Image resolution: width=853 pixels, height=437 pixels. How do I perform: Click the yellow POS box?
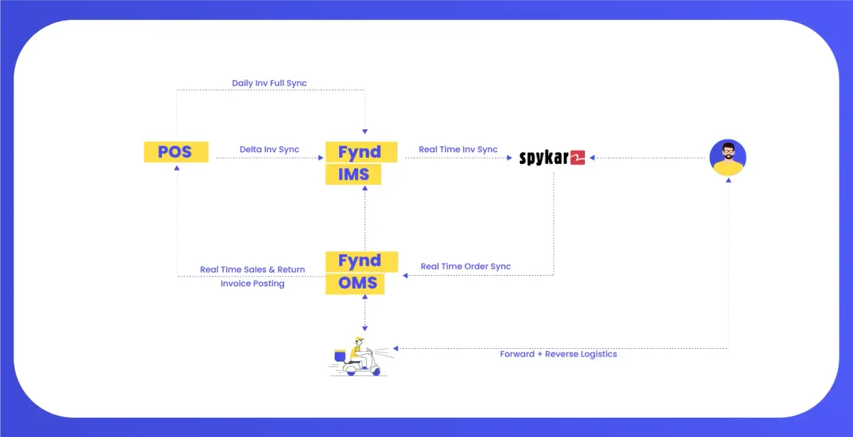[x=176, y=152]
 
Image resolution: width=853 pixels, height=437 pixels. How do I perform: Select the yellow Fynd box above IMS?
[x=361, y=152]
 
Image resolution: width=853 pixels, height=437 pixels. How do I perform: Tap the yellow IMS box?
[x=353, y=174]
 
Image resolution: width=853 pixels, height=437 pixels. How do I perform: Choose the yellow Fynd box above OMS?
[x=362, y=261]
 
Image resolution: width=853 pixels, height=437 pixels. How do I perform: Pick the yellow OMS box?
[x=355, y=284]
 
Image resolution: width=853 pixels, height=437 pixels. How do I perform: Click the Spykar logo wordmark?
[x=544, y=158]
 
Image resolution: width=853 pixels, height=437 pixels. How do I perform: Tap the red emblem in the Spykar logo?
[x=578, y=158]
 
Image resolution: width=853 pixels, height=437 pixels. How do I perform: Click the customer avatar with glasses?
[x=728, y=157]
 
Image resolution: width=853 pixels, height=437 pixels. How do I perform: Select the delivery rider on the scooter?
[x=358, y=357]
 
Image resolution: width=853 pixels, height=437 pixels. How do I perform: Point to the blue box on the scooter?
[x=340, y=356]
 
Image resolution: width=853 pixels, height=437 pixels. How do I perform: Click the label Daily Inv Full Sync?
[x=269, y=83]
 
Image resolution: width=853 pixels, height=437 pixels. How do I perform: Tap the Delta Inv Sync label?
[x=269, y=149]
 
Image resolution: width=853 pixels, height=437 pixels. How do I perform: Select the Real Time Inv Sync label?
[x=458, y=149]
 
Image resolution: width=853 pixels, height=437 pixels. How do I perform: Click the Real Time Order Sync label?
[x=466, y=266]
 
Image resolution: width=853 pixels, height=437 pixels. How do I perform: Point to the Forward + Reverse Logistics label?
[x=558, y=354]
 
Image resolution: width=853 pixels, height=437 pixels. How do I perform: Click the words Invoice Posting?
[x=252, y=284]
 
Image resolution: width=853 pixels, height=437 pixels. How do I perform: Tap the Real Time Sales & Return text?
[x=252, y=269]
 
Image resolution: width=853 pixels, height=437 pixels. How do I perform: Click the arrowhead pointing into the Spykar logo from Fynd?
[x=510, y=158]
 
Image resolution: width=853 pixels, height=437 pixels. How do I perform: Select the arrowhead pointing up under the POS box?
[x=177, y=168]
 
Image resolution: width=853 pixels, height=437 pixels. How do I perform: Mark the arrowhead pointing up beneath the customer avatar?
[x=729, y=180]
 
